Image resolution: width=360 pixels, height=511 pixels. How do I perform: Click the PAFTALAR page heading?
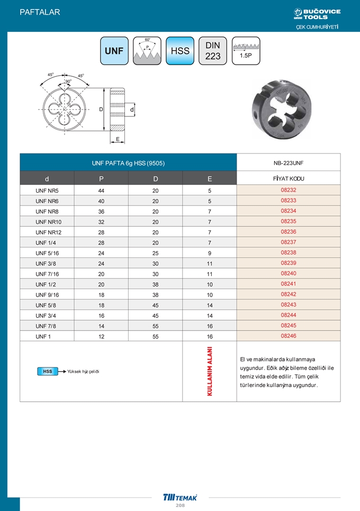click(x=40, y=12)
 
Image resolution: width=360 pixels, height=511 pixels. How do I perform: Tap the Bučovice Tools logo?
click(x=317, y=14)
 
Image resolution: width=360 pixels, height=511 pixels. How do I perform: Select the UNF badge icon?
click(x=114, y=51)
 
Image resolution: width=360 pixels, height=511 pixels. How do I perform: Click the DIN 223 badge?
click(x=213, y=51)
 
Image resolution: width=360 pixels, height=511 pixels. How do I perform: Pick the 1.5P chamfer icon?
click(x=246, y=51)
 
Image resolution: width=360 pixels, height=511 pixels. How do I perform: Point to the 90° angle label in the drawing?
click(x=68, y=82)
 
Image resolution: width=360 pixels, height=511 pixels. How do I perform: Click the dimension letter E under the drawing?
click(x=118, y=139)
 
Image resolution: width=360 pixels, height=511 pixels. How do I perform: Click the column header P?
click(x=101, y=178)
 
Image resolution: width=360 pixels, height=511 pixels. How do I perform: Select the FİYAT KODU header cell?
click(x=288, y=178)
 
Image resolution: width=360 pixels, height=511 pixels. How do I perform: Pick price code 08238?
click(x=288, y=253)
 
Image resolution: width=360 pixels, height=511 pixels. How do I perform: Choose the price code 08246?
click(x=288, y=336)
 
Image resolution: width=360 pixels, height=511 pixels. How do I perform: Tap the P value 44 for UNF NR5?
click(x=101, y=190)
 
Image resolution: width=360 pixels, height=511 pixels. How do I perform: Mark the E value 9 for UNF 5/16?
click(x=210, y=253)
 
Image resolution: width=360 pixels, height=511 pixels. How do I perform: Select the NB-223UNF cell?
click(x=288, y=163)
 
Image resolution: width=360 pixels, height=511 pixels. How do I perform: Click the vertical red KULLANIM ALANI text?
click(x=210, y=371)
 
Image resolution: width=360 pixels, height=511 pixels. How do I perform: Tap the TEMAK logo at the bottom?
click(x=180, y=497)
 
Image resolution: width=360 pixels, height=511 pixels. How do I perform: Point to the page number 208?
click(x=180, y=506)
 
